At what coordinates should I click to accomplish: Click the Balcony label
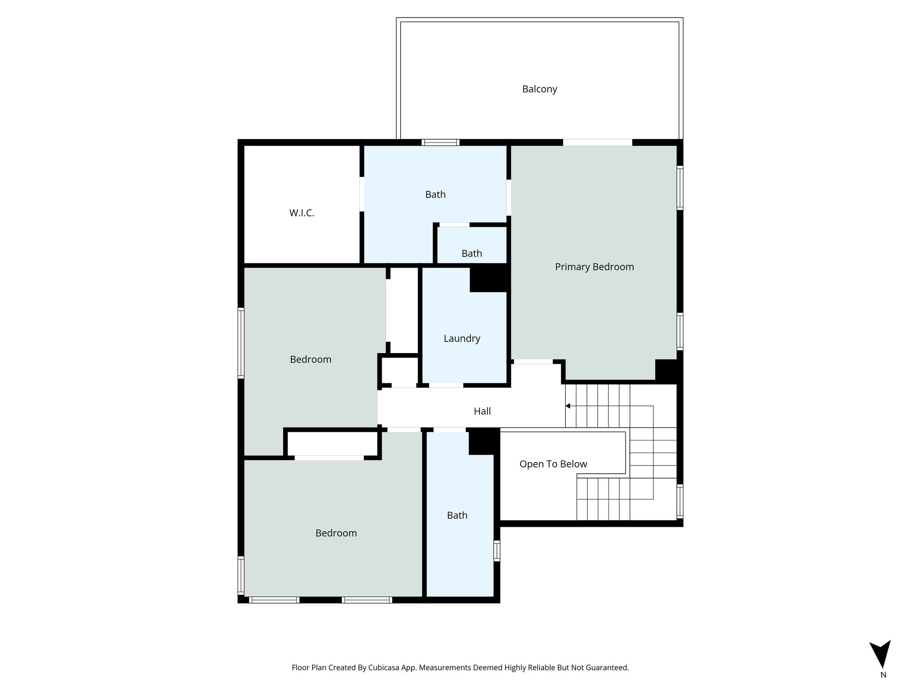pos(539,89)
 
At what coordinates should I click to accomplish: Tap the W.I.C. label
pos(301,213)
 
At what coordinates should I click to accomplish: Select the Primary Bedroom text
pos(594,267)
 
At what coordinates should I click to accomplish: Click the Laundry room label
pos(462,338)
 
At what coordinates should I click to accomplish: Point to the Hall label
pos(482,411)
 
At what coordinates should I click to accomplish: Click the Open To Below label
pos(553,464)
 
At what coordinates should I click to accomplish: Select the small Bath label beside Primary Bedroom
pos(471,253)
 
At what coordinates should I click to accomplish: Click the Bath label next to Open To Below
pos(457,516)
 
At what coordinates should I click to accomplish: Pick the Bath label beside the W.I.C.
pos(435,194)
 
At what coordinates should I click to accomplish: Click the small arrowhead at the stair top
pos(568,406)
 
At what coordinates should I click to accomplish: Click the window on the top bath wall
pos(440,143)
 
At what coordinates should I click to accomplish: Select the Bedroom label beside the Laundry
pos(310,359)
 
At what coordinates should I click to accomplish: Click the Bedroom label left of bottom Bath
pos(336,533)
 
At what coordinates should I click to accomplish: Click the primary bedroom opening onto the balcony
pos(597,143)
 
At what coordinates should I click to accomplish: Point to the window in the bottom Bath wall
pos(496,551)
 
